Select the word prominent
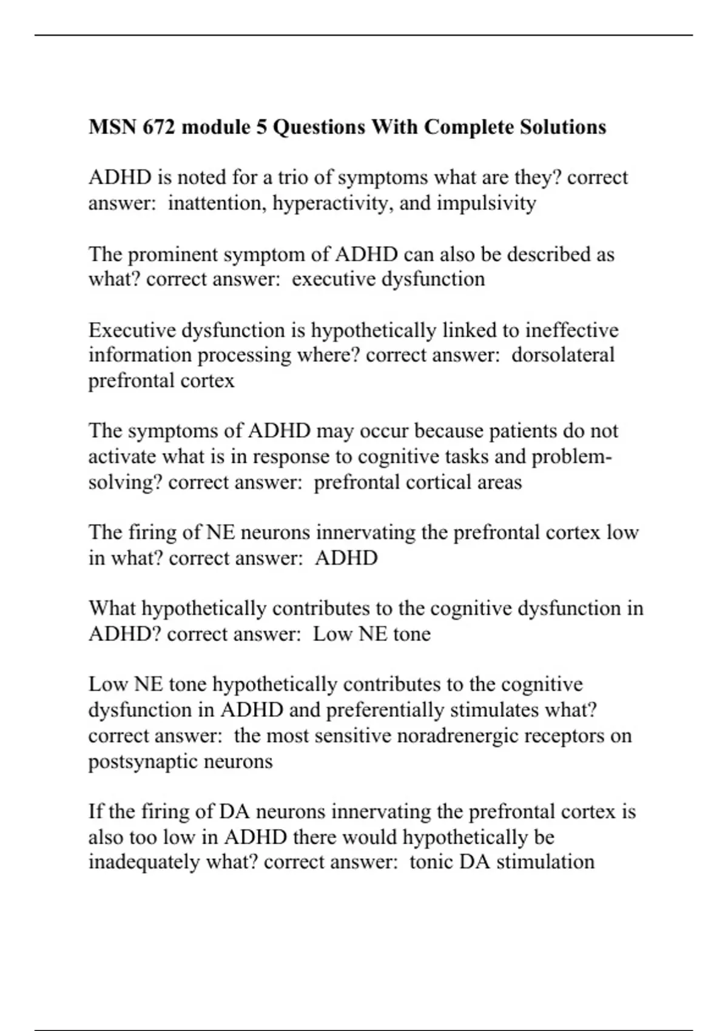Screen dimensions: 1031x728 (x=173, y=254)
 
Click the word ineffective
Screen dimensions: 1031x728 (x=571, y=331)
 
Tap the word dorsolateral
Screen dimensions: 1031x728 (x=562, y=355)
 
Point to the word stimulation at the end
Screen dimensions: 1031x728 (x=545, y=862)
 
